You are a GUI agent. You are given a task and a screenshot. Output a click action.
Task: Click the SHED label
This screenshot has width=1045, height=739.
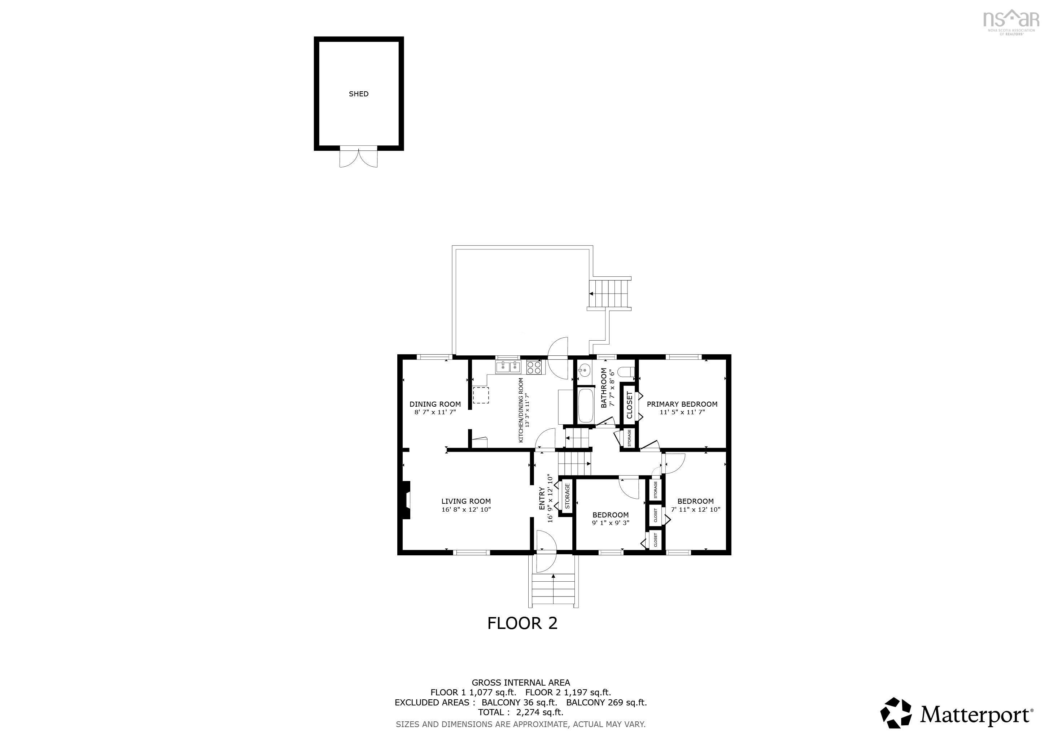[x=358, y=94]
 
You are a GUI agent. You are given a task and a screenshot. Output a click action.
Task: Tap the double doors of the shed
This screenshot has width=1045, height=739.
[x=359, y=157]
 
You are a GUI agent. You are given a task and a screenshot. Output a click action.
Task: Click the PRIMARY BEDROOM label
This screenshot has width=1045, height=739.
[x=682, y=404]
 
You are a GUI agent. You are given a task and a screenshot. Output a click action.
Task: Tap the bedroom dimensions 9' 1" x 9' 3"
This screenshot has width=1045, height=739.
[x=610, y=523]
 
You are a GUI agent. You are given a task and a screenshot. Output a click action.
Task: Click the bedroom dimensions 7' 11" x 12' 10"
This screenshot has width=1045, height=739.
[x=695, y=510]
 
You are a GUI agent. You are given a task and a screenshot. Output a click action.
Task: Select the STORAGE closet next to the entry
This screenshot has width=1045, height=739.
[x=567, y=496]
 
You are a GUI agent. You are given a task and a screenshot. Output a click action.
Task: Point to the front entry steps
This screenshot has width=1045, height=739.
[x=553, y=590]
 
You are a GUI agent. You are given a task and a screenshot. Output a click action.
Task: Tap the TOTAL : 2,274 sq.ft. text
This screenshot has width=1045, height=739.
[x=520, y=712]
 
